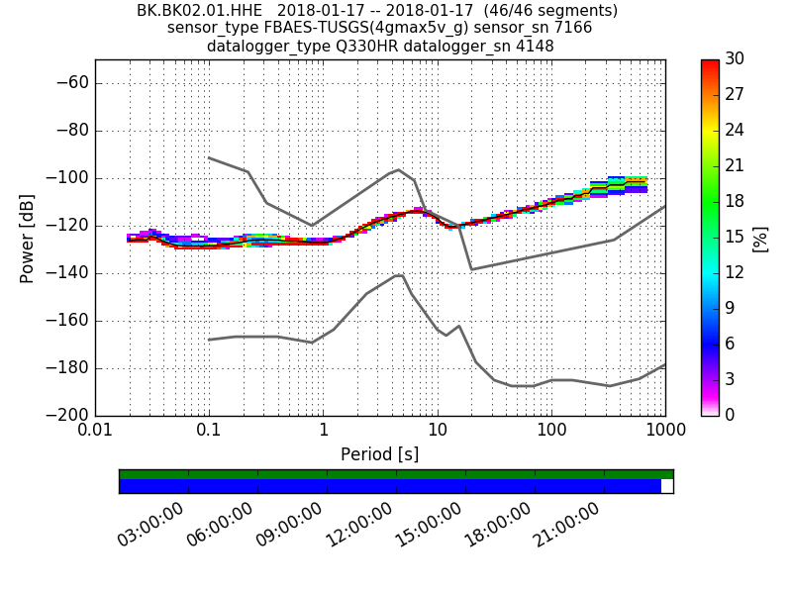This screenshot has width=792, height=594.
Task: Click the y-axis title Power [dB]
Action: pyautogui.click(x=28, y=238)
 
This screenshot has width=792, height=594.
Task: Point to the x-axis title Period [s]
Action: pyautogui.click(x=379, y=454)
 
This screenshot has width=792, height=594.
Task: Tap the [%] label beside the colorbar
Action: pyautogui.click(x=760, y=238)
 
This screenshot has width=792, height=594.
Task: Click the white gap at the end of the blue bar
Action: pyautogui.click(x=666, y=486)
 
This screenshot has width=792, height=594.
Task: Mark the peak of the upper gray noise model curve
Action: pyautogui.click(x=398, y=169)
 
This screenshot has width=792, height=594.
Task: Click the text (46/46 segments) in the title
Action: pyautogui.click(x=536, y=11)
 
